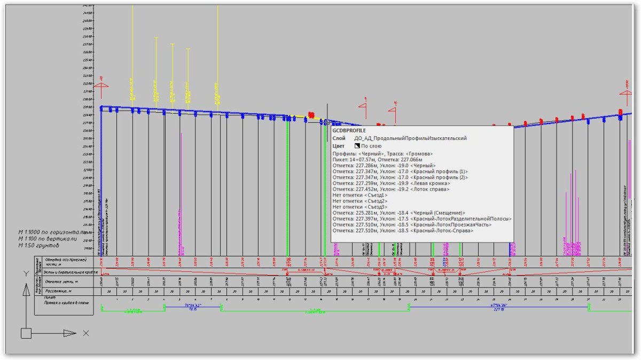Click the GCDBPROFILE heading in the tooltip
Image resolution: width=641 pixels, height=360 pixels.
point(349,130)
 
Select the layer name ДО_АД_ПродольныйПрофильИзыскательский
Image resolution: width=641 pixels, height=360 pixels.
point(410,138)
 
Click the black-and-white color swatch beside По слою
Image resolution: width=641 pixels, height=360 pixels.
point(357,146)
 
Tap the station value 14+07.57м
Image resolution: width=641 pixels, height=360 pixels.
point(361,160)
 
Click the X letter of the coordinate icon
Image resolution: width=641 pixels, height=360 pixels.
point(86,333)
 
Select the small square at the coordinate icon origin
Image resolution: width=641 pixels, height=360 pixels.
point(26,333)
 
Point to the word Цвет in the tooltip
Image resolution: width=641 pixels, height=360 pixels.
point(338,146)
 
